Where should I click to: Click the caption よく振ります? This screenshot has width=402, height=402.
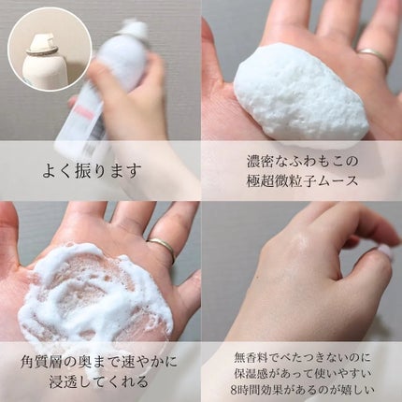[92, 171]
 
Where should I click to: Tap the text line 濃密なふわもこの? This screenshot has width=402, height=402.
[301, 162]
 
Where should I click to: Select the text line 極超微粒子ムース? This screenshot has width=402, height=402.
[302, 181]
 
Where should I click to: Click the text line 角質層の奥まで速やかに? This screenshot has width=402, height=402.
[99, 362]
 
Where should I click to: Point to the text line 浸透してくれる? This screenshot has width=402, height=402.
[99, 381]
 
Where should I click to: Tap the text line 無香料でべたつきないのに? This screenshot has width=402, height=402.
[302, 358]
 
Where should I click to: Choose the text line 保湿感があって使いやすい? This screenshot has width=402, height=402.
[302, 374]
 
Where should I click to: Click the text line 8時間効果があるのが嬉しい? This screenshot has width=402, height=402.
[302, 390]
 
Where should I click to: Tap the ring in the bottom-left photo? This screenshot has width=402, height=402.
[162, 247]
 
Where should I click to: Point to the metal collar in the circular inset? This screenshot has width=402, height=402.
[43, 50]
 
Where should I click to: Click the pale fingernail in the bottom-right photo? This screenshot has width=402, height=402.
[384, 252]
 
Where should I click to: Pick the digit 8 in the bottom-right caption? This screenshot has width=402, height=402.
[235, 390]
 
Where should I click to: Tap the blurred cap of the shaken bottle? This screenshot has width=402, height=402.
[134, 28]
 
